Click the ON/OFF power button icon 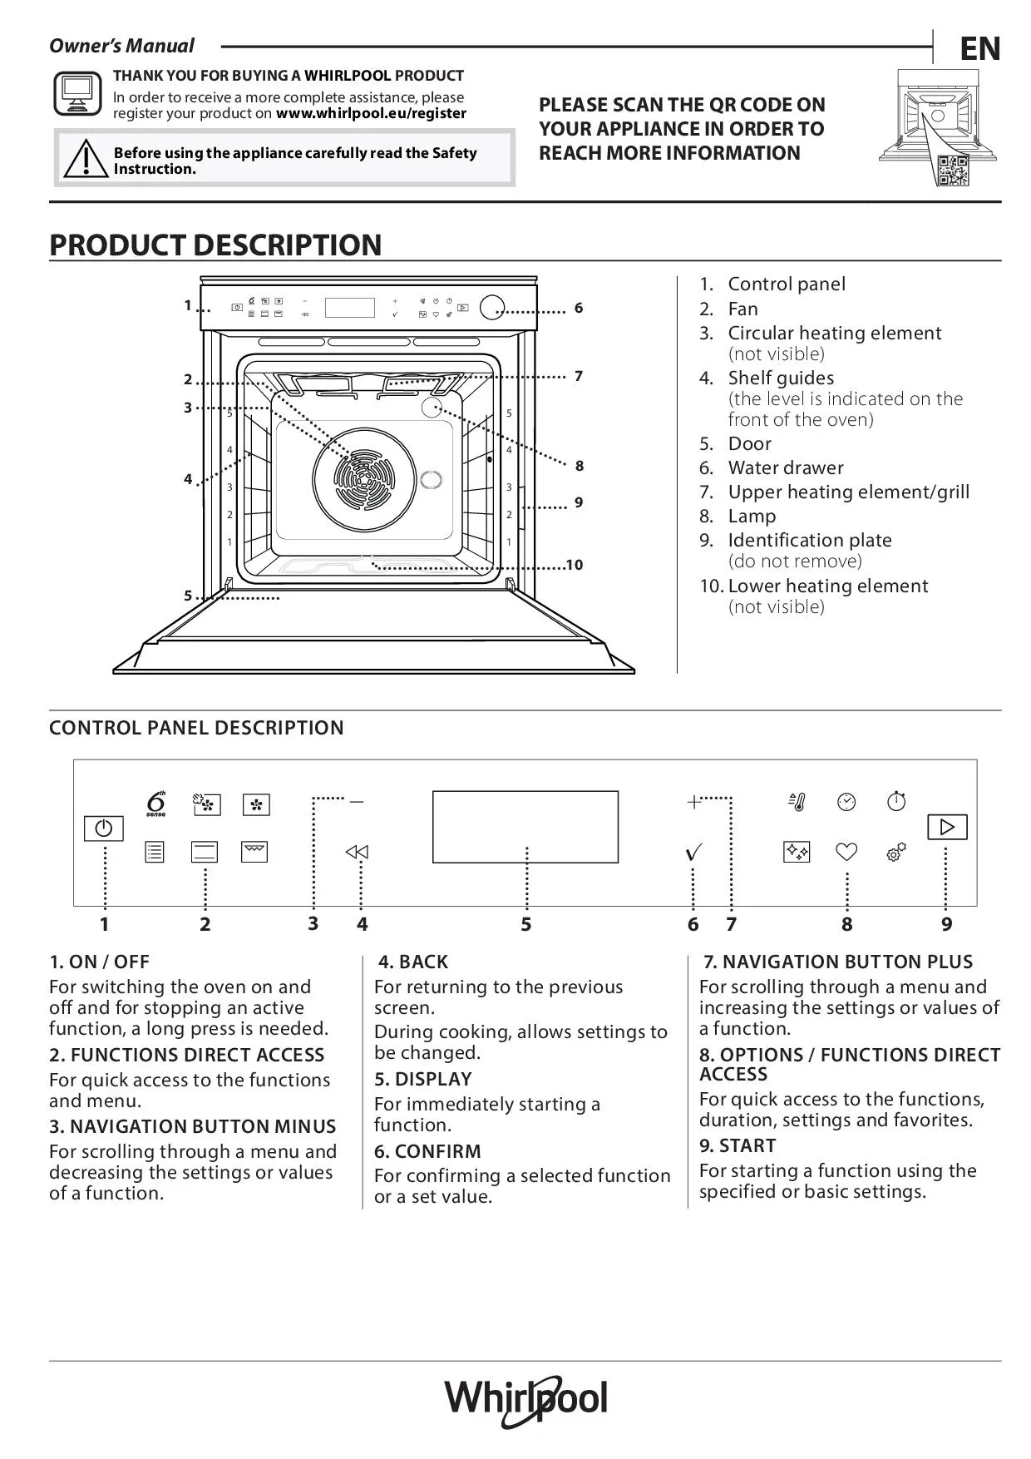pos(104,828)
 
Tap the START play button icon pos(947,827)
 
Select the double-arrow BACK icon pos(357,852)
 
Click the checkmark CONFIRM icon pos(693,852)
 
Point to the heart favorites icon pos(846,852)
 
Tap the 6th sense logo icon pos(155,804)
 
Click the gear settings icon pos(895,852)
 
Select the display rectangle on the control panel pos(525,826)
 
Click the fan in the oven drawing pos(364,480)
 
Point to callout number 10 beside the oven pos(575,566)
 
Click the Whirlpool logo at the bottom pos(525,1401)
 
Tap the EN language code pos(980,49)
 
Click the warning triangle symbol pos(84,159)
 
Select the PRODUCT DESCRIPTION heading pos(216,245)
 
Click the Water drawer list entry pos(785,467)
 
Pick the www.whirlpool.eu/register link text pos(371,113)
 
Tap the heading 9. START pos(737,1145)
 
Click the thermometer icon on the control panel pos(797,802)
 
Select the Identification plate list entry pos(809,540)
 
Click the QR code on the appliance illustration pos(952,170)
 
